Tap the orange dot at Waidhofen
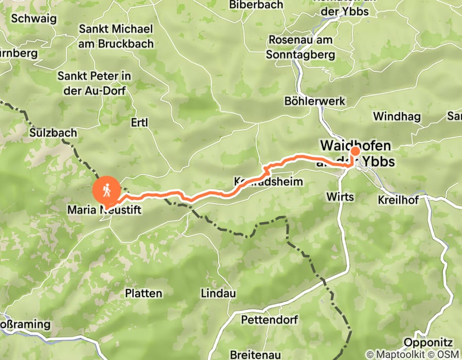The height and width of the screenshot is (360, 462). coord(354,151)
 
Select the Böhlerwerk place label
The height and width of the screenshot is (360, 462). coord(315,101)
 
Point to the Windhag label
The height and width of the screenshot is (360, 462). coord(397,116)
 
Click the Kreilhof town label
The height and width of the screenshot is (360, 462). coord(398,200)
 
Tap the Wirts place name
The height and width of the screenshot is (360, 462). coord(340,197)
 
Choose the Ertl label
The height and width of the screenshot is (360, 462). coord(139,122)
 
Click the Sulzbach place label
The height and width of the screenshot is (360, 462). coord(53,133)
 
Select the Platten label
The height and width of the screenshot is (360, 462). coord(144,294)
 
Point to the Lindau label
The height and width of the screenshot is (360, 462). coord(218,294)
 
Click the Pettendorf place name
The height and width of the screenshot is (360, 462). coord(269,320)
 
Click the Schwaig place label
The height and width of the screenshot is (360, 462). coord(33,19)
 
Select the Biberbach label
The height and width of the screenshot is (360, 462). coord(256,5)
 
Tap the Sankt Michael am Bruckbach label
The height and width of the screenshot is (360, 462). coord(116,36)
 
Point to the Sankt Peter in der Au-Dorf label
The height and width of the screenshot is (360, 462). coord(94,83)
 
